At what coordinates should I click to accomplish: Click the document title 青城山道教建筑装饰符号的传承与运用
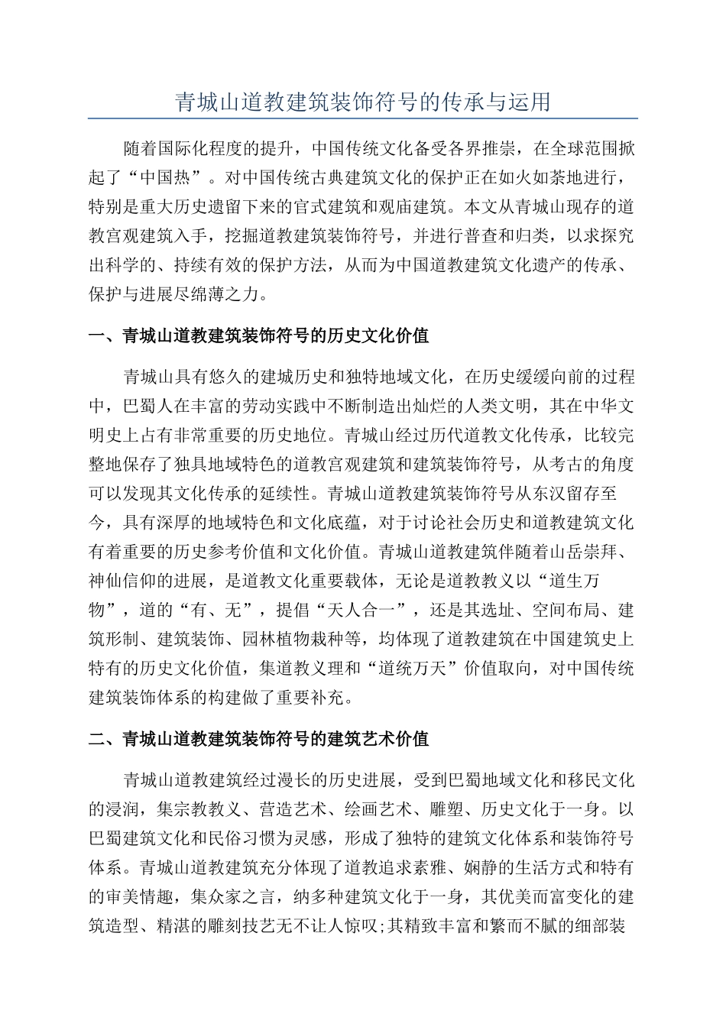[363, 102]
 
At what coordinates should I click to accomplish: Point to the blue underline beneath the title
[363, 118]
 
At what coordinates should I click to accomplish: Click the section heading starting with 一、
[259, 336]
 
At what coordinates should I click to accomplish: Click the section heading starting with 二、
[259, 739]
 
